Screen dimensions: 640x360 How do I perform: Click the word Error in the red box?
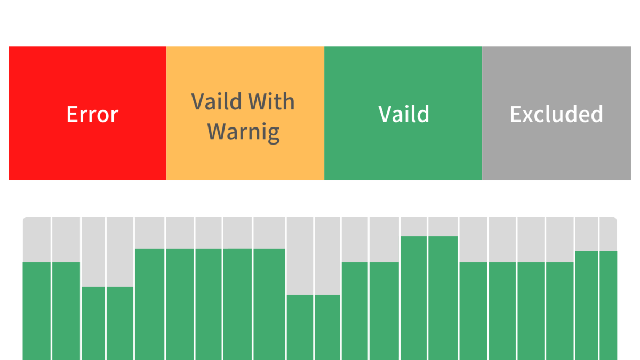pos(92,114)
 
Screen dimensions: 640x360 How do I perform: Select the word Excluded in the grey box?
pos(556,114)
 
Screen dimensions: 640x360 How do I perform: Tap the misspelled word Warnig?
pos(243,132)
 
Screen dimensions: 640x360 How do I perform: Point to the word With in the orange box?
pos(271,101)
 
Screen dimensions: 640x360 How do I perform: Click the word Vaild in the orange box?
pos(217,101)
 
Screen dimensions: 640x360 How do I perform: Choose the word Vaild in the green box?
pos(404,114)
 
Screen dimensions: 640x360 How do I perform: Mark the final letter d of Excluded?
pos(596,114)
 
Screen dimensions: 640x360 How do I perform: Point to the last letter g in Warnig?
pos(274,135)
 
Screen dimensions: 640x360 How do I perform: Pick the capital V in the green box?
pos(386,114)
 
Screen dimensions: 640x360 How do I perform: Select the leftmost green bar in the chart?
pos(37,311)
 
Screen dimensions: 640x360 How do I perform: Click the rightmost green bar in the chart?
pos(609,306)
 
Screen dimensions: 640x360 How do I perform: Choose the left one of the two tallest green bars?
pos(414,298)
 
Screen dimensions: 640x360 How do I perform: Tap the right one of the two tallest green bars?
pos(443,298)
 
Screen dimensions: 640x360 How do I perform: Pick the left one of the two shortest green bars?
pos(300,327)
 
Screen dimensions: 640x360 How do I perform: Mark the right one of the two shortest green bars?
pos(327,327)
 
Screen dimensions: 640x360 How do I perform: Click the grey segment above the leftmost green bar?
pos(37,239)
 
